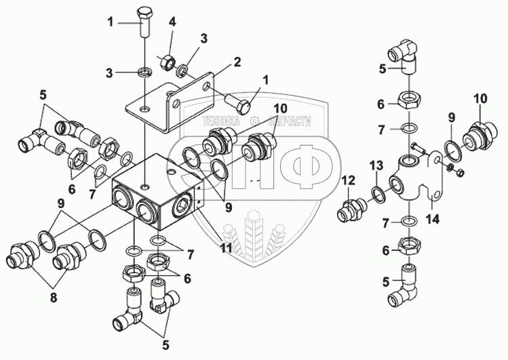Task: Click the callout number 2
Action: click(x=237, y=62)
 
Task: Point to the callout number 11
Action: click(x=226, y=248)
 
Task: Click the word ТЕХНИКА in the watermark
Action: click(x=221, y=121)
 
